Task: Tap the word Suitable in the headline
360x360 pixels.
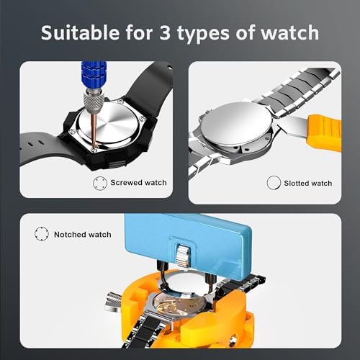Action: pos(76,33)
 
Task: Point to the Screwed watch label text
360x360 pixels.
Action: pos(138,183)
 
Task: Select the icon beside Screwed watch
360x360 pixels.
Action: pos(99,183)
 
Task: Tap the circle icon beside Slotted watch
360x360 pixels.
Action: pos(272,183)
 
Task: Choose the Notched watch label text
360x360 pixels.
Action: pos(83,235)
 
